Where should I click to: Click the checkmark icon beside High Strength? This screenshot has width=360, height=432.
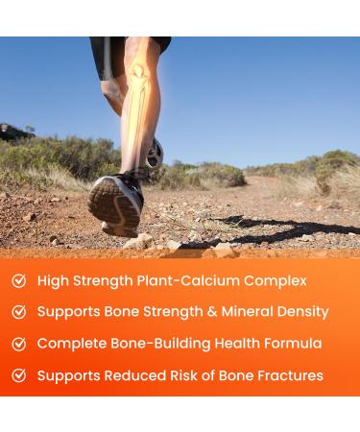[x=19, y=281]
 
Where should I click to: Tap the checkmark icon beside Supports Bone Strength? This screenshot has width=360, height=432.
[x=19, y=312]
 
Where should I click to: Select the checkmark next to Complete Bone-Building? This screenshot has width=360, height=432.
[x=19, y=344]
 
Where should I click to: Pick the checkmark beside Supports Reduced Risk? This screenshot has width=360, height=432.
[x=19, y=375]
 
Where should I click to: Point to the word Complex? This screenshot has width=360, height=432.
[x=276, y=281]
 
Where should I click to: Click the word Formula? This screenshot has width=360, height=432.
[x=290, y=344]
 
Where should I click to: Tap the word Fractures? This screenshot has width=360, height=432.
[x=285, y=375]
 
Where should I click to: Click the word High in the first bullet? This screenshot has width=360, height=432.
[x=54, y=281]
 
